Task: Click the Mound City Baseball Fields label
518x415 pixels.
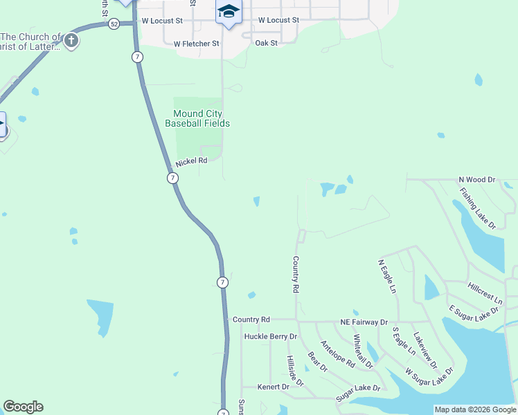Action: coord(197,118)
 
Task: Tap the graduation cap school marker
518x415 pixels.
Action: coord(229,12)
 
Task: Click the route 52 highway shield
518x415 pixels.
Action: coord(113,24)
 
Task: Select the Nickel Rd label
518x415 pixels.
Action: coord(191,161)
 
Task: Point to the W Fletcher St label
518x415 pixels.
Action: coord(197,44)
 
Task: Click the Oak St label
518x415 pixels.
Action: coord(266,43)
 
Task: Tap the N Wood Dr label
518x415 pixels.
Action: coord(478,180)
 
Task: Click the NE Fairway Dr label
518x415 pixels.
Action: coord(364,322)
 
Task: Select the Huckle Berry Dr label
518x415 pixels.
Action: coord(270,337)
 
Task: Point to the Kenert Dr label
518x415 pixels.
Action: coord(274,387)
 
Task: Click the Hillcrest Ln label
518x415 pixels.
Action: coord(485,293)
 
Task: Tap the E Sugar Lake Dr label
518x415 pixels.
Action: coord(474,312)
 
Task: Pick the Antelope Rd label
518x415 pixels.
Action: coord(338,353)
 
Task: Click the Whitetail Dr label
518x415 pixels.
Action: coord(364,351)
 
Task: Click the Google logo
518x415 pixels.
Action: coord(23,407)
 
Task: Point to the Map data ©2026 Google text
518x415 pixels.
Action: coord(475,409)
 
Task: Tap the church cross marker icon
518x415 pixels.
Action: coord(71,41)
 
